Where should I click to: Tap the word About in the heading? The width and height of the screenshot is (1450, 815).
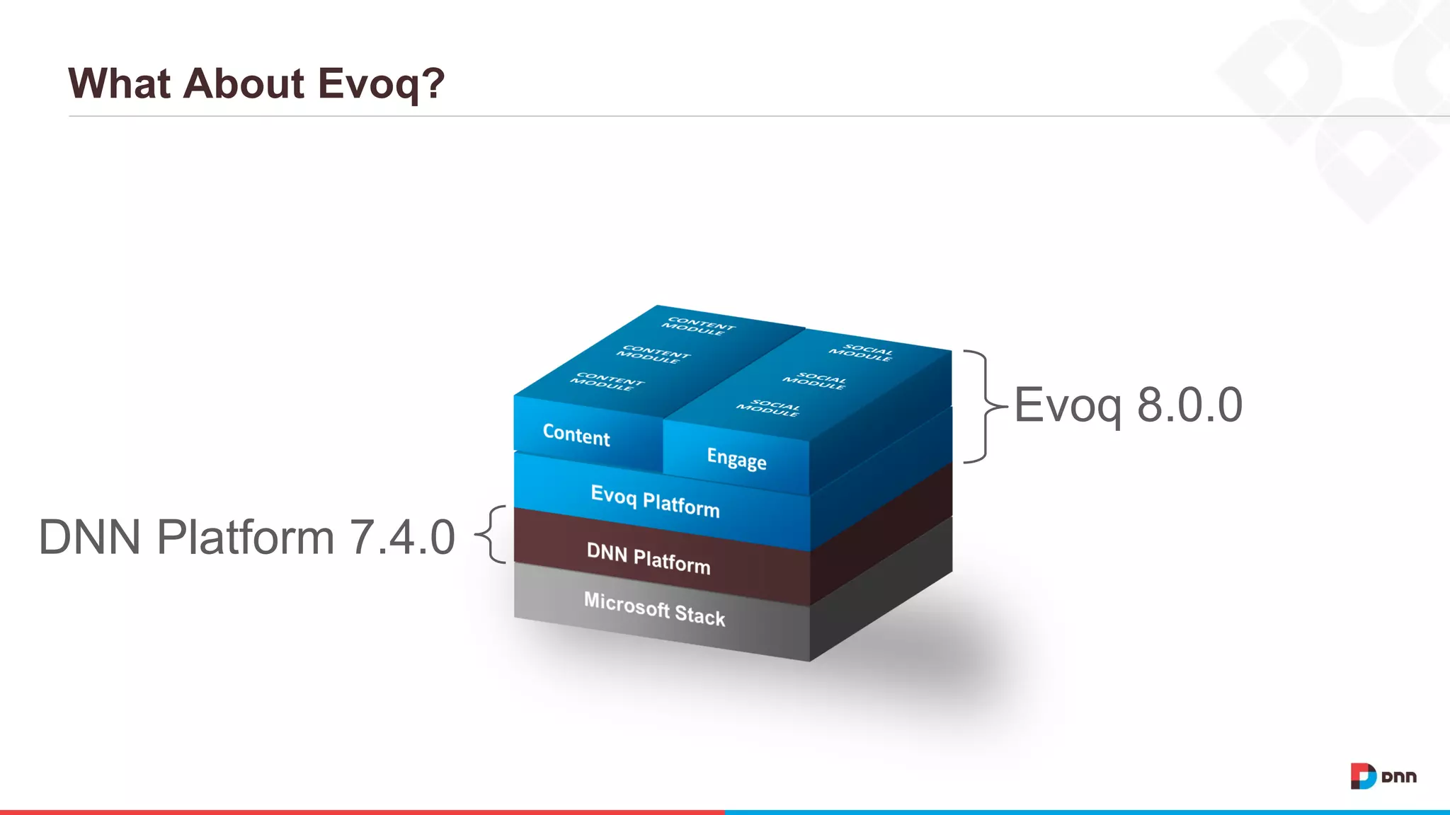coord(244,83)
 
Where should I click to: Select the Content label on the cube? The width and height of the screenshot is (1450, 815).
coord(576,434)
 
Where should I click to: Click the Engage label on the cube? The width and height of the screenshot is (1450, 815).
coord(736,458)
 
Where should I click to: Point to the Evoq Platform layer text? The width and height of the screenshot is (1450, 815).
coord(655,500)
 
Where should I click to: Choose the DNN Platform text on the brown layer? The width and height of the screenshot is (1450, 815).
coord(649,557)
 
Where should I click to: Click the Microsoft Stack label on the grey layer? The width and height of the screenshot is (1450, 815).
coord(654,609)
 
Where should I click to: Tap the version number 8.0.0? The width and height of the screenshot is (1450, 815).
coord(1189,405)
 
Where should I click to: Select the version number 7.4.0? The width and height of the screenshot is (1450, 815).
coord(402,537)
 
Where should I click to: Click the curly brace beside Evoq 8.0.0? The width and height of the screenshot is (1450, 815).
coord(983,406)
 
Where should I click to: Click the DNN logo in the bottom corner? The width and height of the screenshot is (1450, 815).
coord(1383,776)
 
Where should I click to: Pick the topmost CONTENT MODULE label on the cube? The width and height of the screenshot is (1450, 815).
coord(698,326)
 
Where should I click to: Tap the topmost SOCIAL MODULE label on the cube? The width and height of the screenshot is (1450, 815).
coord(861,352)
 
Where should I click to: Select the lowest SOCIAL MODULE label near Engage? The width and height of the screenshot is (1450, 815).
coord(768,408)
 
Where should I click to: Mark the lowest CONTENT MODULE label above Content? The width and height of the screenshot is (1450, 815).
coord(607,382)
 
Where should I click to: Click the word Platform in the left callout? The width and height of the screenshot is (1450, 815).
coord(245,537)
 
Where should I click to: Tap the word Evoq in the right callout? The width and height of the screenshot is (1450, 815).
coord(1068,405)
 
